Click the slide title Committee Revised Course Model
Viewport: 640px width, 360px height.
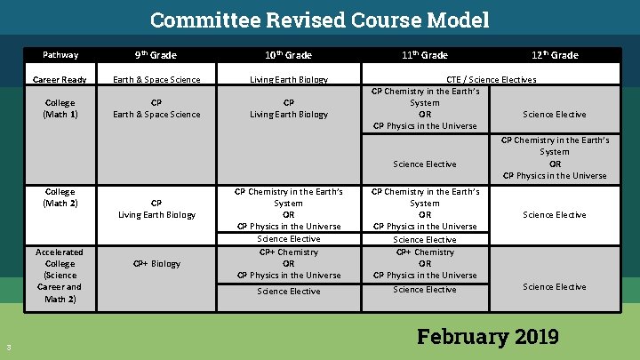pyautogui.click(x=319, y=20)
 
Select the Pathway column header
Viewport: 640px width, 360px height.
pyautogui.click(x=60, y=55)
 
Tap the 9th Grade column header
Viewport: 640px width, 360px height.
pyautogui.click(x=156, y=55)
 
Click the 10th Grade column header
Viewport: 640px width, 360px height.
pyautogui.click(x=288, y=55)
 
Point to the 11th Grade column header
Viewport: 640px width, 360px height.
pyautogui.click(x=424, y=55)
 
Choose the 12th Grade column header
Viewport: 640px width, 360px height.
pyautogui.click(x=555, y=55)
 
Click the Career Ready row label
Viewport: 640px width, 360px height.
pyautogui.click(x=60, y=80)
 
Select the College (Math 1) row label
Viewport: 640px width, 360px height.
pyautogui.click(x=60, y=108)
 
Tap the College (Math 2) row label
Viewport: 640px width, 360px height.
pyautogui.click(x=60, y=197)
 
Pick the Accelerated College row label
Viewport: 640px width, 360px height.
pyautogui.click(x=60, y=276)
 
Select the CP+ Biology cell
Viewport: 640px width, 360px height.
pyautogui.click(x=156, y=264)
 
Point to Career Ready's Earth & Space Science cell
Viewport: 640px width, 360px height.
pyautogui.click(x=156, y=80)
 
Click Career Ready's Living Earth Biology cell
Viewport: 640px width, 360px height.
pyautogui.click(x=288, y=80)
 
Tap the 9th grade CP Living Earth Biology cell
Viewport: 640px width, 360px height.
pyautogui.click(x=156, y=209)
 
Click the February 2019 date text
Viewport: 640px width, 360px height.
pyautogui.click(x=487, y=337)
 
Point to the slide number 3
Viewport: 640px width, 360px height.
pyautogui.click(x=8, y=347)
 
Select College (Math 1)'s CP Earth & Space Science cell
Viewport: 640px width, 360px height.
pyautogui.click(x=156, y=108)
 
